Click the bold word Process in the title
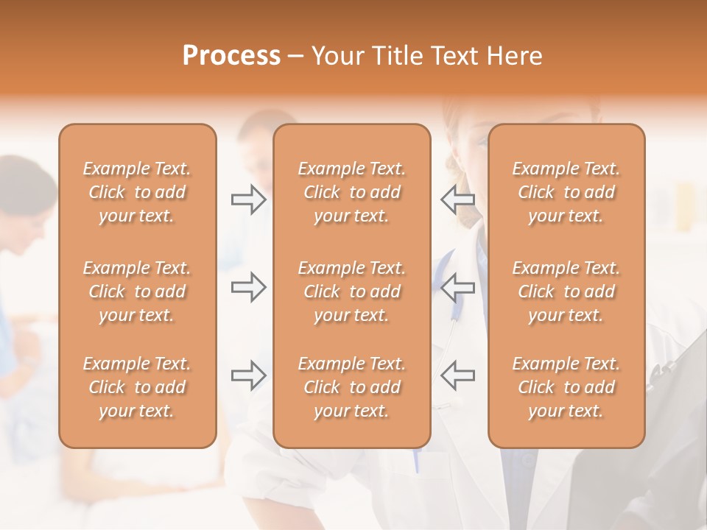click(x=231, y=56)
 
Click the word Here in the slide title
click(x=515, y=56)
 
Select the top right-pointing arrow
click(x=248, y=199)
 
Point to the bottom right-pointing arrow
click(x=248, y=375)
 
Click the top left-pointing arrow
click(x=457, y=199)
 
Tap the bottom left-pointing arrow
click(x=457, y=375)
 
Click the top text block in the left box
click(x=137, y=192)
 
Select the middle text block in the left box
click(x=137, y=291)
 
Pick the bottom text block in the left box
click(x=137, y=387)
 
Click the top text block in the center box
click(x=351, y=192)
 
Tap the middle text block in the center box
click(x=351, y=291)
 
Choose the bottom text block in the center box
click(x=351, y=387)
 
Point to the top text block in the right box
click(x=566, y=192)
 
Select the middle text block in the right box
click(x=566, y=291)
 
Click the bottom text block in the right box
click(x=566, y=387)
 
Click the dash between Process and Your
click(x=296, y=57)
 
